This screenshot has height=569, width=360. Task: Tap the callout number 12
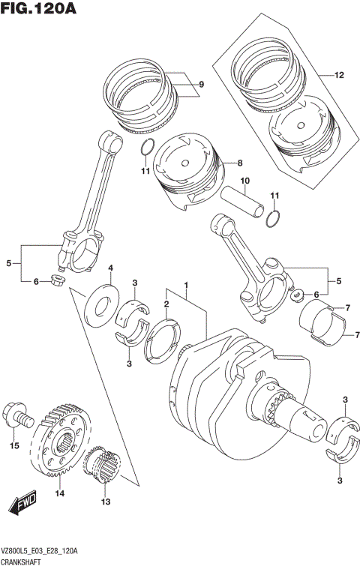(338, 75)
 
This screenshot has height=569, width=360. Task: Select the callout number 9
(201, 85)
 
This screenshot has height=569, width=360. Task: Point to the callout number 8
(239, 163)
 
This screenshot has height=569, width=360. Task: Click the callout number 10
(244, 181)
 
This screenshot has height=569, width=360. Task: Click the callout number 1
(186, 286)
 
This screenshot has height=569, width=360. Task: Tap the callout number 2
(166, 304)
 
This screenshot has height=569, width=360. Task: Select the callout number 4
(110, 268)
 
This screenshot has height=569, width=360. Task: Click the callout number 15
(13, 446)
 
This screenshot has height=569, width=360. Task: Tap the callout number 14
(59, 493)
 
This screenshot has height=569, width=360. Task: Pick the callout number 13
(105, 502)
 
